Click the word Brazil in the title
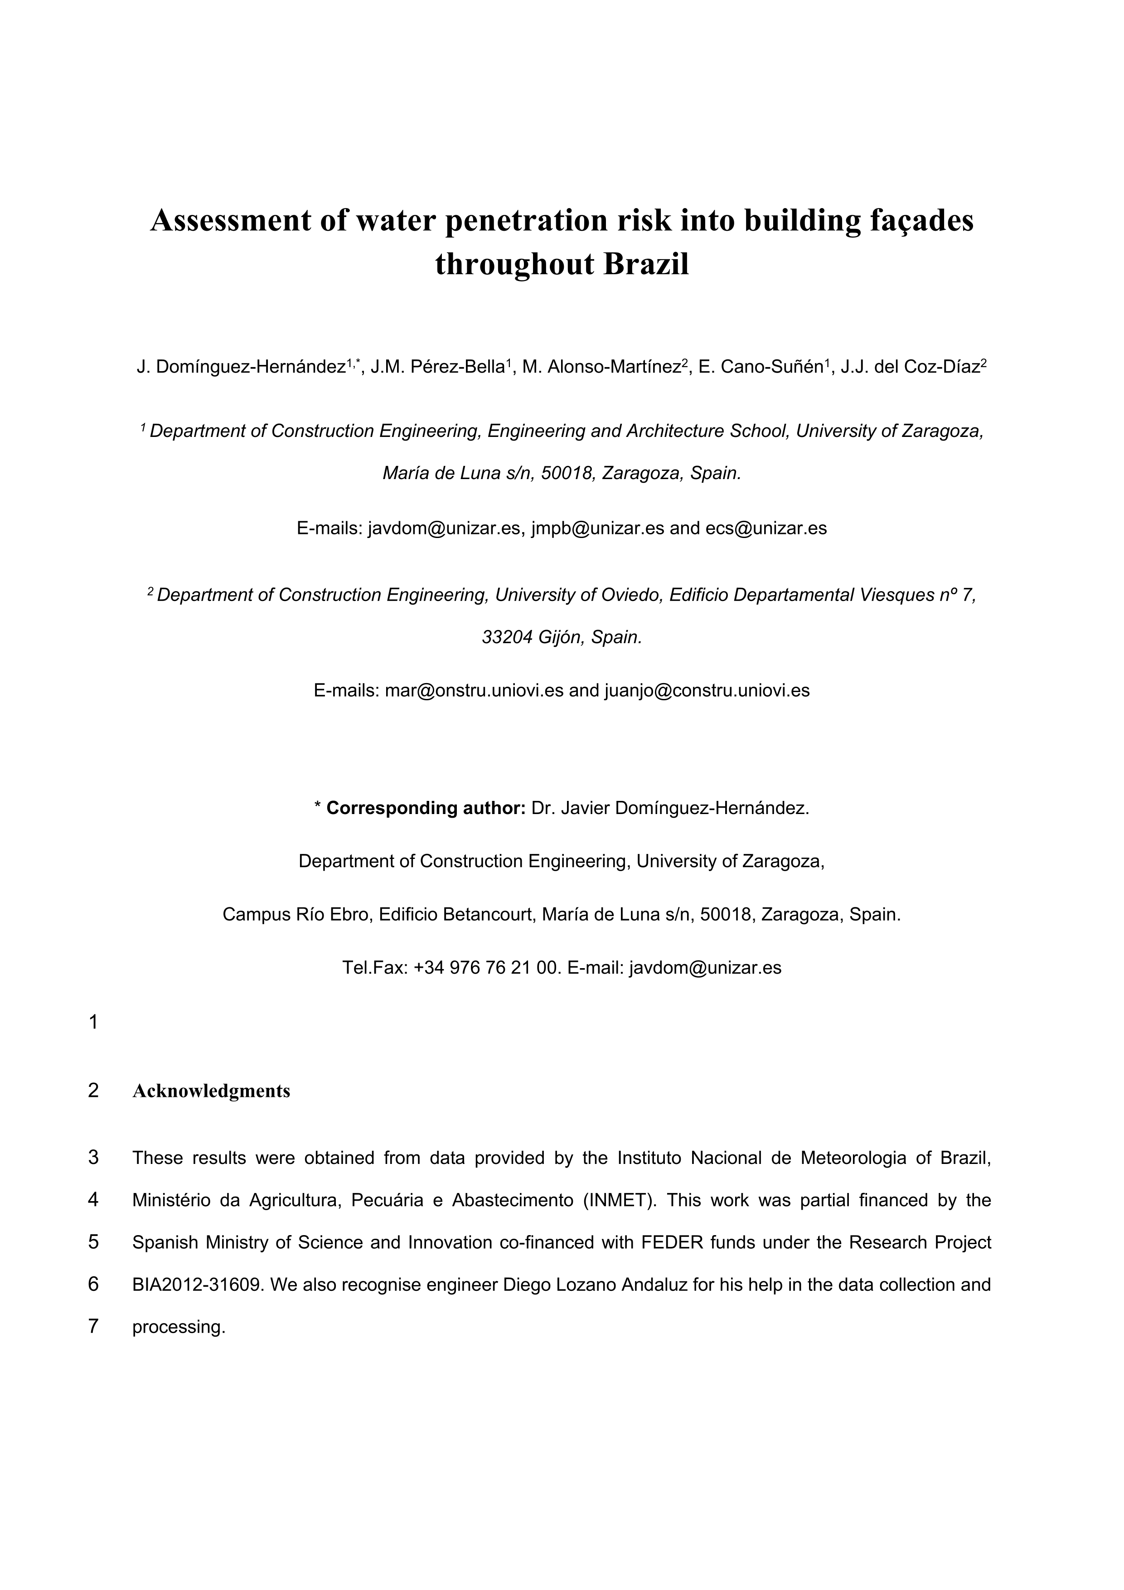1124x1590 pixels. coord(646,265)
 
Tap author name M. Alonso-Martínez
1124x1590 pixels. coord(601,367)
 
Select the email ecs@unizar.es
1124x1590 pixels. coord(766,528)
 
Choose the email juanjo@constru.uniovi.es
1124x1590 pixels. coord(707,690)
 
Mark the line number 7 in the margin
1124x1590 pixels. coord(93,1327)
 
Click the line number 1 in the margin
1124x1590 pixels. coord(93,1022)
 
